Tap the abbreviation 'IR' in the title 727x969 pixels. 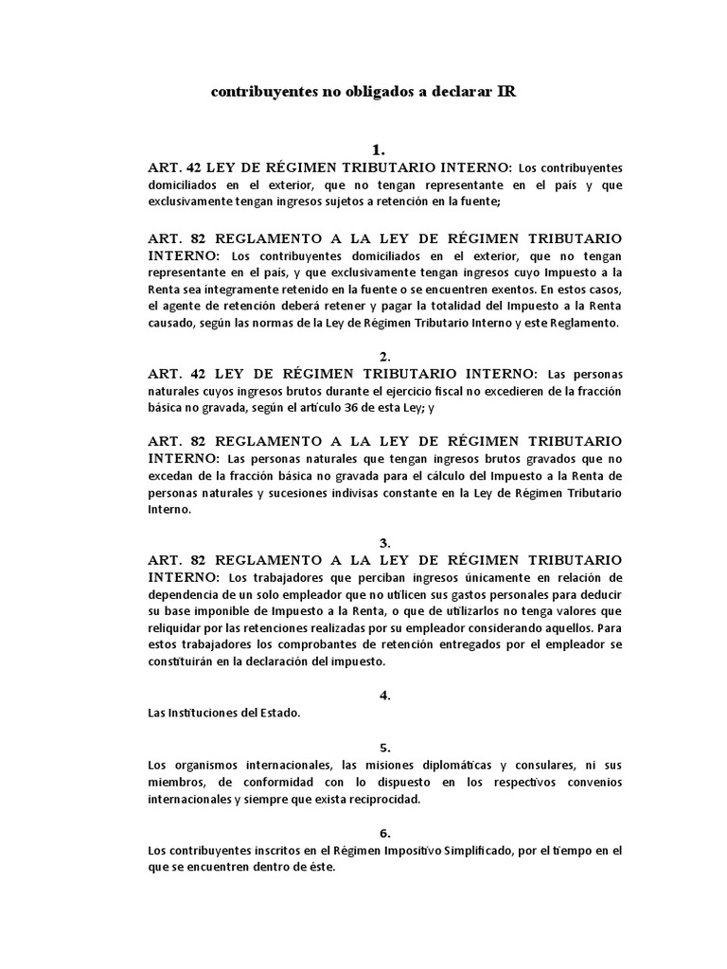pos(506,93)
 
